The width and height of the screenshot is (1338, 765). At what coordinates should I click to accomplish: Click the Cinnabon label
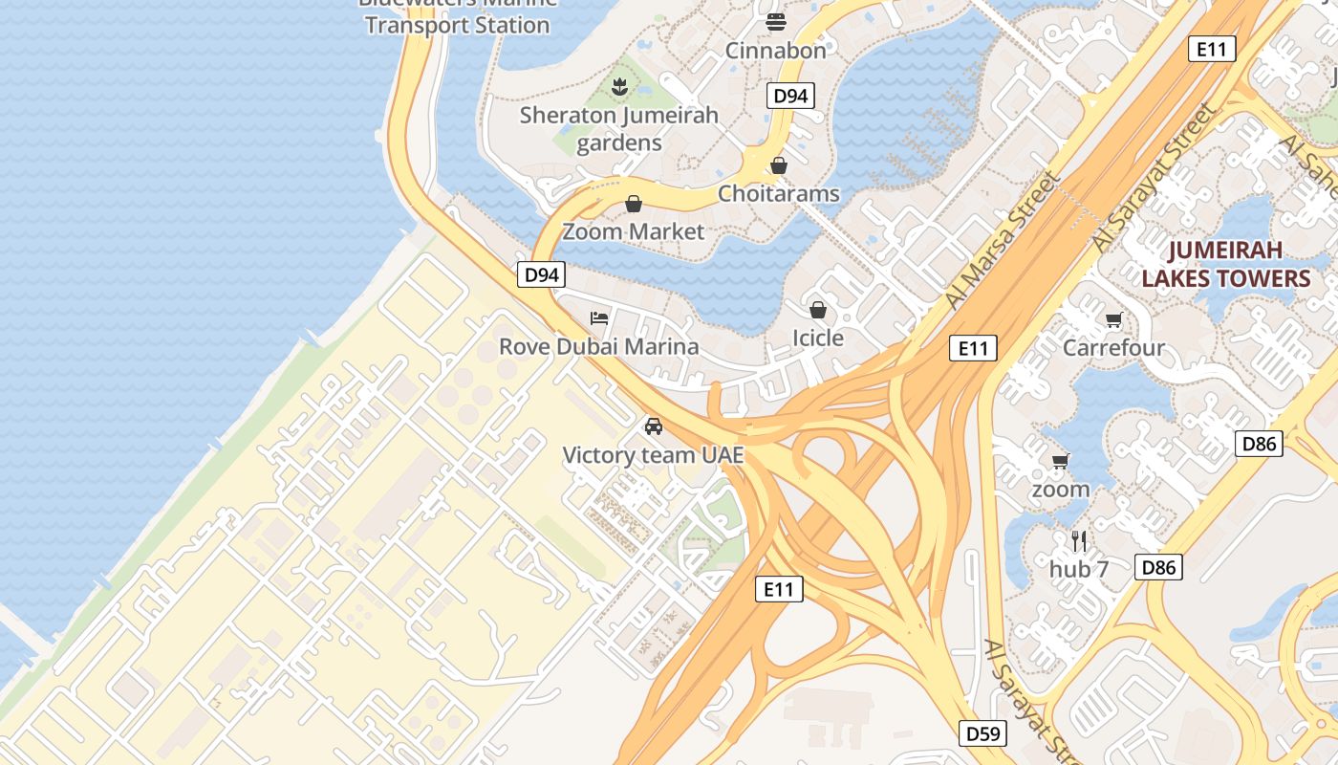775,51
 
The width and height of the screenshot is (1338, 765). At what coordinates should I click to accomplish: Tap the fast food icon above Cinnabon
775,21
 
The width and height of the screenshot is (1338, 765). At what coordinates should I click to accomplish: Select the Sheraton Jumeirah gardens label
619,129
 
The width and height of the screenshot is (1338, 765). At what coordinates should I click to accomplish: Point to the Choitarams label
778,194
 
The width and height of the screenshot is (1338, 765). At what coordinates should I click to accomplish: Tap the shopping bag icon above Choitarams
779,165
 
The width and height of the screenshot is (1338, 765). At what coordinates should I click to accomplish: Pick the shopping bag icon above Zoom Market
633,204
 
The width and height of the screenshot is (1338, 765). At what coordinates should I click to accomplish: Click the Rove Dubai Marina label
598,346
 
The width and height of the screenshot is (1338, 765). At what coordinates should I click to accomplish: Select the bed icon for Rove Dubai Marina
599,317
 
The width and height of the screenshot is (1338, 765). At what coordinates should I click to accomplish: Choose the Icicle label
817,338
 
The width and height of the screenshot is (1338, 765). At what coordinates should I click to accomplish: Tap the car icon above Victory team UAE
654,426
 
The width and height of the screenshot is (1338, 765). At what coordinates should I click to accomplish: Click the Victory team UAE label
653,455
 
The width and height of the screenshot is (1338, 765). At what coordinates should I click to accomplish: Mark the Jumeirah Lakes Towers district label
1225,265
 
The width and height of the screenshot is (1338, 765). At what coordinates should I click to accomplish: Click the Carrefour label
1113,347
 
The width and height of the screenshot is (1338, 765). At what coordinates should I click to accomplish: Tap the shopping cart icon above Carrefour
1113,319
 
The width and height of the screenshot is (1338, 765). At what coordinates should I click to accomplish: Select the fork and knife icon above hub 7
1079,541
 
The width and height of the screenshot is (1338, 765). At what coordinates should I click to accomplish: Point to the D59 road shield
982,733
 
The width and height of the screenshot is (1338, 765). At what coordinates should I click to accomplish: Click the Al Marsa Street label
1003,241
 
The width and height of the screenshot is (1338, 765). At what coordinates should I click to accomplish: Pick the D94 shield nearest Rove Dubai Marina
542,275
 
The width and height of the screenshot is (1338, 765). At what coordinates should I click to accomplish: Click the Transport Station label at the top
457,25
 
